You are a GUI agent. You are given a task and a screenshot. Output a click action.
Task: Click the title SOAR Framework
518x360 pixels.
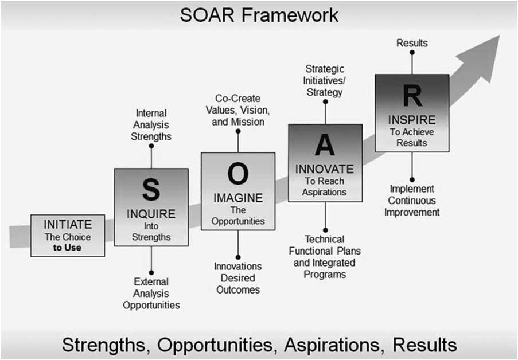pyautogui.click(x=259, y=15)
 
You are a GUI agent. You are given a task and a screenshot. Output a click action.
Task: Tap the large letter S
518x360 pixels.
pyautogui.click(x=151, y=190)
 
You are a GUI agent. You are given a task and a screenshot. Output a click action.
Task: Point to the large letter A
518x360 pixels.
pyautogui.click(x=325, y=146)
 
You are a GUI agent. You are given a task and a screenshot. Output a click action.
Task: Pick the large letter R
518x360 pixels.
pyautogui.click(x=411, y=96)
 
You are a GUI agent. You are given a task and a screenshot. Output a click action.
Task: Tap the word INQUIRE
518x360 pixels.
pyautogui.click(x=151, y=214)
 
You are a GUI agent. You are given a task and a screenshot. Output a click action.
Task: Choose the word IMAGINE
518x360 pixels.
pyautogui.click(x=237, y=198)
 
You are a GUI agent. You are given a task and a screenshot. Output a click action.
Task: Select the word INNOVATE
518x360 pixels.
pyautogui.click(x=325, y=170)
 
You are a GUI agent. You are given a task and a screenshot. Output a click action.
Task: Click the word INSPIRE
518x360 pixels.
pyautogui.click(x=411, y=120)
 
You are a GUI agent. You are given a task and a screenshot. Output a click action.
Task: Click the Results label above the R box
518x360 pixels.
pyautogui.click(x=412, y=43)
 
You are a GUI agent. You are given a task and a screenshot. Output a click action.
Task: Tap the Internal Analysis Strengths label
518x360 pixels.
pyautogui.click(x=151, y=125)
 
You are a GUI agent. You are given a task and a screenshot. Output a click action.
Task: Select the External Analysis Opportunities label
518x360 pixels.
pyautogui.click(x=151, y=293)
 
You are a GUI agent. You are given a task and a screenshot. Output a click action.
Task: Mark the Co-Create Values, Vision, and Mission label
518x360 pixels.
pyautogui.click(x=237, y=109)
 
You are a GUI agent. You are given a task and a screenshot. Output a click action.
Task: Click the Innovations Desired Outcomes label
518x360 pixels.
pyautogui.click(x=237, y=278)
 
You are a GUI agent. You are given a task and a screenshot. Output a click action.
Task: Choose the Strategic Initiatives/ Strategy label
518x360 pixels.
pyautogui.click(x=325, y=80)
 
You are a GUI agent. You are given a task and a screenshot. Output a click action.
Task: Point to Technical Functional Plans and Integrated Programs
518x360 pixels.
pyautogui.click(x=325, y=256)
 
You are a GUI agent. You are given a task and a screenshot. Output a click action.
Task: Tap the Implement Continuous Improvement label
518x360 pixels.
pyautogui.click(x=412, y=200)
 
